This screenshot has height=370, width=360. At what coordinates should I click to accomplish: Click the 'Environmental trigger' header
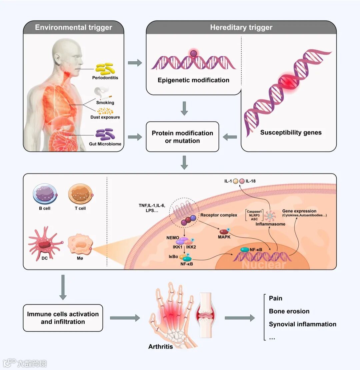(x=73, y=27)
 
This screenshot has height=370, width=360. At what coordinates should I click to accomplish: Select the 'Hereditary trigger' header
(x=241, y=28)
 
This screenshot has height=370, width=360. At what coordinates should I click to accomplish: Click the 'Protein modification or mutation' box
(x=182, y=137)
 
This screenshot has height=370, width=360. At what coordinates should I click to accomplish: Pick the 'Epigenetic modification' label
(x=193, y=80)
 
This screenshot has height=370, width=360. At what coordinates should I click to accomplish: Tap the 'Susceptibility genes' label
(x=291, y=132)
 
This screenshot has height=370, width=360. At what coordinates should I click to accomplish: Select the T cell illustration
(x=80, y=194)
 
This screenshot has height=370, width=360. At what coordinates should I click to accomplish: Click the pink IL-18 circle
(x=242, y=181)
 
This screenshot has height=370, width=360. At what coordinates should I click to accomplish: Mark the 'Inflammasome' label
(x=270, y=224)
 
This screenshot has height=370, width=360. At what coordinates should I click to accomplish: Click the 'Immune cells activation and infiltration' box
(x=63, y=318)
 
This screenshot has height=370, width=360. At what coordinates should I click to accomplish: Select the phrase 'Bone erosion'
(x=289, y=311)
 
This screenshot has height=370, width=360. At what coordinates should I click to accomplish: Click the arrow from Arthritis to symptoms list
(x=239, y=318)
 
